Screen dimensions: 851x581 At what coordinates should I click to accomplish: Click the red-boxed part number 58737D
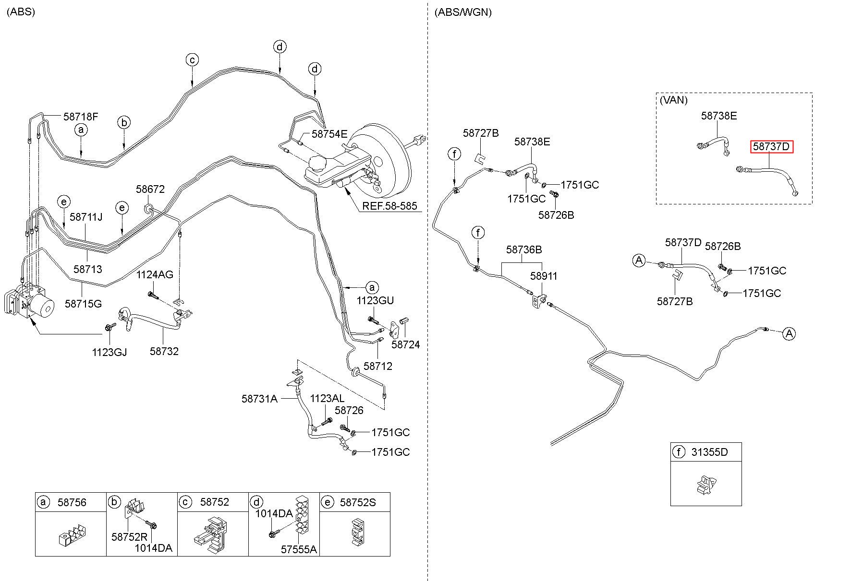[x=772, y=146]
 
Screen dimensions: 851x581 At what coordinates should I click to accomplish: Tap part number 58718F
[x=81, y=116]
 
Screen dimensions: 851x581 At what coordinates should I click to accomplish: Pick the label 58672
[x=150, y=189]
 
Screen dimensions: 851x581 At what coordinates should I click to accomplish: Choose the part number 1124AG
[x=155, y=275]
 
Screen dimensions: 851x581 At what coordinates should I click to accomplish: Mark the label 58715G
[x=84, y=304]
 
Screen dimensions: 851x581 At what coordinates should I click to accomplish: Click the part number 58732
[x=164, y=351]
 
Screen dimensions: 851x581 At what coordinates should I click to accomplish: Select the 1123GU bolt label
[x=375, y=301]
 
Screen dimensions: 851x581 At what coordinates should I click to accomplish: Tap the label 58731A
[x=259, y=399]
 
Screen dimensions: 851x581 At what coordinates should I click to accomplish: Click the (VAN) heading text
[x=673, y=100]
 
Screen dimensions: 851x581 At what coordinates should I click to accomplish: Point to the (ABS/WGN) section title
[x=463, y=12]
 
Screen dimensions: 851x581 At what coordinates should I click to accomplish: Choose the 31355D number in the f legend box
[x=709, y=452]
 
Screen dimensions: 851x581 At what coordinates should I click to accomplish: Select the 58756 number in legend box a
[x=72, y=502]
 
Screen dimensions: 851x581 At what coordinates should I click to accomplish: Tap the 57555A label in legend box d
[x=299, y=549]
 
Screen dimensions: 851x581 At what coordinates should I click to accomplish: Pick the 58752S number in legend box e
[x=358, y=502]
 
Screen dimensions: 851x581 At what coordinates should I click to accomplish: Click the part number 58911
[x=544, y=276]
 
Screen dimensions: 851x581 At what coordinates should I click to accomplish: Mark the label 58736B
[x=524, y=250]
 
